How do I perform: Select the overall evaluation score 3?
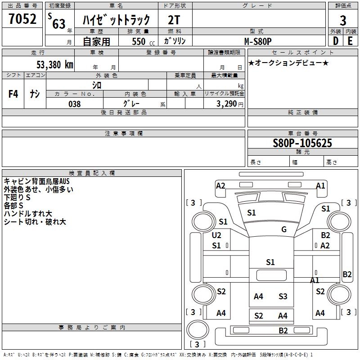[343, 21]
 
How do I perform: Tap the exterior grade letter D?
[335, 40]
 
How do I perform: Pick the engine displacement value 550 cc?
[139, 41]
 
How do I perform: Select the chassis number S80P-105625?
[302, 143]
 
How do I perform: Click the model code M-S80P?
[258, 41]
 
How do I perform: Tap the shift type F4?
[13, 94]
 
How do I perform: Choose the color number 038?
[74, 104]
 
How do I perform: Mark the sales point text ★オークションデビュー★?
[288, 63]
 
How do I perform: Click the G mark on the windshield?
[284, 229]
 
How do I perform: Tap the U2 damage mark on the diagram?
[216, 235]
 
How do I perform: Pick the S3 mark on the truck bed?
[283, 296]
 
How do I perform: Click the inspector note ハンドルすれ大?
[28, 214]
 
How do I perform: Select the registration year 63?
[59, 24]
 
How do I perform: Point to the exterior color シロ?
[97, 85]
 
